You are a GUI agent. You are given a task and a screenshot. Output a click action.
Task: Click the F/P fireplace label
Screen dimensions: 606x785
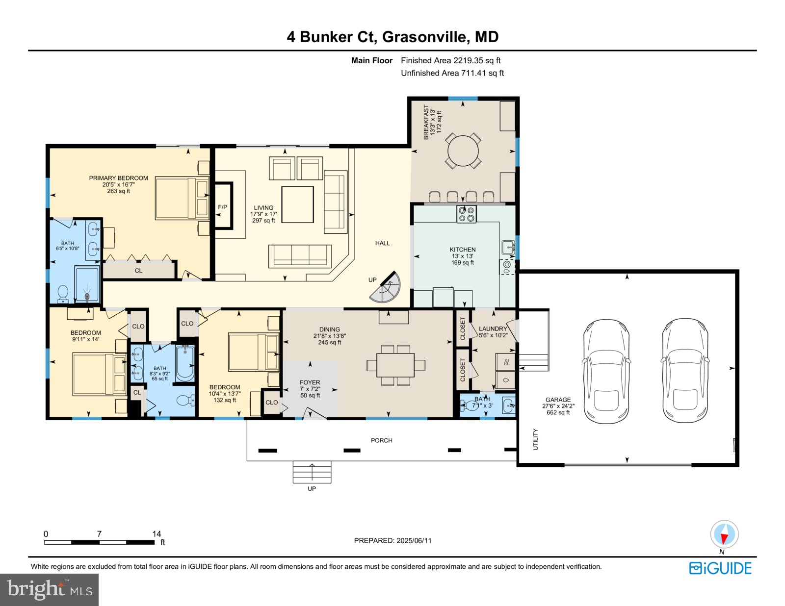[x=222, y=207]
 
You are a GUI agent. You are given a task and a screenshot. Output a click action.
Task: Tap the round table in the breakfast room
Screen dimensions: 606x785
[x=463, y=151]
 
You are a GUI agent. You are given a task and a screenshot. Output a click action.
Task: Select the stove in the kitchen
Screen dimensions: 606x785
[x=466, y=214]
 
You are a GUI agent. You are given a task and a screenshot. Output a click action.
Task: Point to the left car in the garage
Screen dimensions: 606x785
[x=606, y=371]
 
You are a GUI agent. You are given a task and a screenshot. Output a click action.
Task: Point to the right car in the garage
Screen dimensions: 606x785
[x=685, y=371]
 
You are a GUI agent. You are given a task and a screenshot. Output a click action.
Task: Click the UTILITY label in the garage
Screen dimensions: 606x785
[x=535, y=439]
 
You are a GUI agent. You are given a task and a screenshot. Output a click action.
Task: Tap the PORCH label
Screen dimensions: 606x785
[x=381, y=440]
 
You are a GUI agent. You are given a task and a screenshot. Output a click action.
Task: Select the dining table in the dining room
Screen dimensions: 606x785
[x=395, y=365]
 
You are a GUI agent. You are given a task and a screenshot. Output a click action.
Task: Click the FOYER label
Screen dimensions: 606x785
[x=310, y=382]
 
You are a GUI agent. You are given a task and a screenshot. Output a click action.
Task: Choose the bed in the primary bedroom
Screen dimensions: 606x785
[x=182, y=198]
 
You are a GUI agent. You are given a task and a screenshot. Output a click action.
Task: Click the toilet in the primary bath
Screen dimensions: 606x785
[x=63, y=294]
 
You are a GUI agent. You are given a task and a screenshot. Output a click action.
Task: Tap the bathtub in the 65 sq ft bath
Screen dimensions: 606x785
[x=185, y=363]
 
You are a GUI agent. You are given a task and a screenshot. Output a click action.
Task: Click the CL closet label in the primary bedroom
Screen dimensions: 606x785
[x=138, y=271]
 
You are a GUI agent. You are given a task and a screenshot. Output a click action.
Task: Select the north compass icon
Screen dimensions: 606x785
[x=724, y=534]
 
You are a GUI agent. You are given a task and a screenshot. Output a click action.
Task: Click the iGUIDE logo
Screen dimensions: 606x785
[x=720, y=568]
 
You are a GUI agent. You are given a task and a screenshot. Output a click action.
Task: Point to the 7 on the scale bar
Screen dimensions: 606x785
[x=99, y=534]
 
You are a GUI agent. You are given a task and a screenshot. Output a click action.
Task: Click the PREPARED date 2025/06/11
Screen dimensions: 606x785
[x=392, y=540]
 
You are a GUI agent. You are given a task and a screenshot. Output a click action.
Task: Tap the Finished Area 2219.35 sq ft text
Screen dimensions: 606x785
[x=450, y=60]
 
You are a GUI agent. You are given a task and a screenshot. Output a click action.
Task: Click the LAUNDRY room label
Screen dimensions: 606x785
[x=493, y=329]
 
